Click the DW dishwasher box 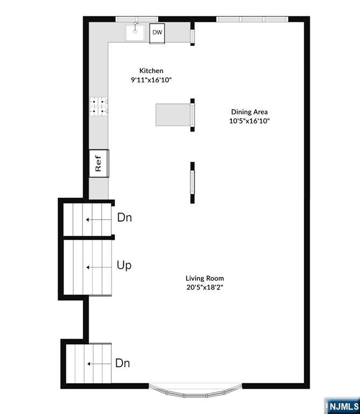(157, 33)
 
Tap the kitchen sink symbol (135, 33)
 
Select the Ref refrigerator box (99, 163)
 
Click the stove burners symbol (99, 106)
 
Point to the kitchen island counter (173, 114)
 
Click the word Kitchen (151, 71)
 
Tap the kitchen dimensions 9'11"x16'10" (151, 80)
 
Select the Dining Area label (249, 112)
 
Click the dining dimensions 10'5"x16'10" (249, 121)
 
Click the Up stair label (124, 265)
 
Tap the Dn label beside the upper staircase (124, 218)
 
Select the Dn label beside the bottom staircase (122, 363)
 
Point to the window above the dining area (252, 19)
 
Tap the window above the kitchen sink (137, 19)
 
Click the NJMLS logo (342, 405)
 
